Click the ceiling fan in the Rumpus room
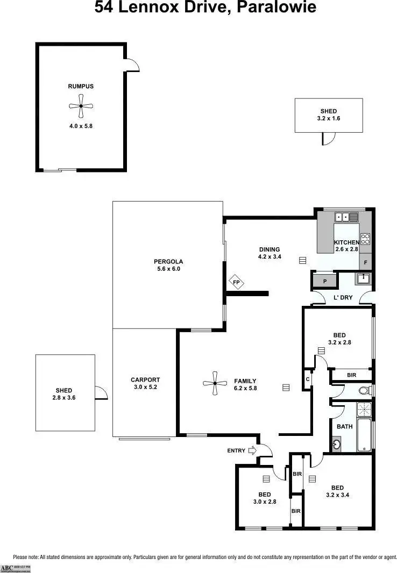pos(81,106)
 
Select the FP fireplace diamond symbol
pos(235,282)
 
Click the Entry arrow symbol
pos(252,450)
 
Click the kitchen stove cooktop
pos(365,239)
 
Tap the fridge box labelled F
pos(366,263)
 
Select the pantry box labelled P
pos(324,281)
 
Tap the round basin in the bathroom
pos(337,445)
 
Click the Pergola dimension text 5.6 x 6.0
pos(168,269)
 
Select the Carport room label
pos(145,379)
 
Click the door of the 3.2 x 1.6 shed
pos(325,139)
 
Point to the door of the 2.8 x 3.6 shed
pos(101,393)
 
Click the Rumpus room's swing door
pos(132,66)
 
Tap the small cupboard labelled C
pos(307,378)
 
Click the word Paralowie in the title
pos(267,8)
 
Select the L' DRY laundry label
pos(343,297)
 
